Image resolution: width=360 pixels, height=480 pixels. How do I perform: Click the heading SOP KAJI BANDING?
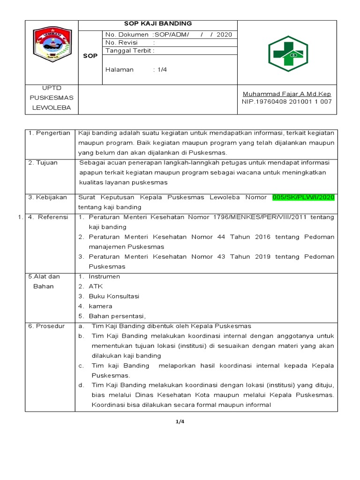tap(158, 24)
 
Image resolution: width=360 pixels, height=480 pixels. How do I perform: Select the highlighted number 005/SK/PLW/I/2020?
tap(304, 197)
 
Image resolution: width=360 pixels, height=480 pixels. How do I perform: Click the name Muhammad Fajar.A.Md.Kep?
tap(286, 94)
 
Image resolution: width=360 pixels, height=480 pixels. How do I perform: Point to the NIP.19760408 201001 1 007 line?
tap(286, 101)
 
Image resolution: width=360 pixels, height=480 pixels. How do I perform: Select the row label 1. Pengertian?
tap(49, 133)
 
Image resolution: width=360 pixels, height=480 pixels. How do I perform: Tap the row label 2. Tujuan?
tap(43, 163)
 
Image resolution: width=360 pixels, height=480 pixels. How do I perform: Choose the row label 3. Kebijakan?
tap(47, 197)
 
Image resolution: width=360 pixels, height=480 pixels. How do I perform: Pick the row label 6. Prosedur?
tap(46, 326)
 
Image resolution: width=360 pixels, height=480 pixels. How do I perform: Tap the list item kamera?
tap(100, 306)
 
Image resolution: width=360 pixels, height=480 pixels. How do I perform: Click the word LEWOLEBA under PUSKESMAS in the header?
tap(52, 107)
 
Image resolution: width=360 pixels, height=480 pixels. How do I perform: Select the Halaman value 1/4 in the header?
tap(162, 69)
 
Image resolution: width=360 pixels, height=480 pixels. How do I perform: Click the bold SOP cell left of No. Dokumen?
tap(90, 56)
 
